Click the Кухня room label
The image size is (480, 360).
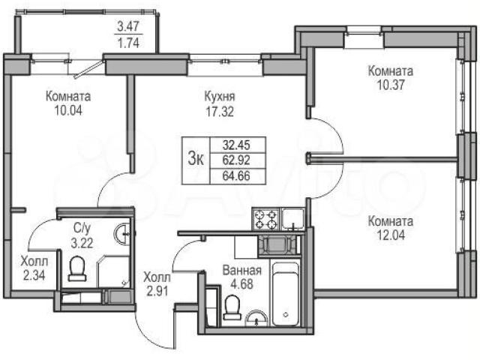tap(220, 97)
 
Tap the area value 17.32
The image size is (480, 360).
tap(220, 112)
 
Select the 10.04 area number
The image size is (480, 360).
tap(68, 110)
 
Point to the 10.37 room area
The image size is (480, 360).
tap(391, 85)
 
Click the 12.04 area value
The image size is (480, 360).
tap(391, 235)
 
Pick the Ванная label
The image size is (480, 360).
tap(241, 270)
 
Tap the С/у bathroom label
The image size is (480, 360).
tap(82, 228)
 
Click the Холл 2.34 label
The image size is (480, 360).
tap(34, 268)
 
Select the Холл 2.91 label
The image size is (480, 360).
tap(157, 284)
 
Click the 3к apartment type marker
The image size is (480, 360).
tap(196, 160)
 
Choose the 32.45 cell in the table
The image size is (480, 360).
tap(236, 145)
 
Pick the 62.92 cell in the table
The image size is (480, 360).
tap(236, 160)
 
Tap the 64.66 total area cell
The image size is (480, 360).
tap(236, 176)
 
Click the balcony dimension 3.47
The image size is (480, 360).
tap(128, 27)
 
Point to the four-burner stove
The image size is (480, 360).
tap(265, 220)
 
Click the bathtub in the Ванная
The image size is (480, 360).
tap(285, 294)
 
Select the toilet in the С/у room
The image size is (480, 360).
tap(76, 268)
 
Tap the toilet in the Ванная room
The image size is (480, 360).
tap(232, 307)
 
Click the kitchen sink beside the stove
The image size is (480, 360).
tap(293, 219)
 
